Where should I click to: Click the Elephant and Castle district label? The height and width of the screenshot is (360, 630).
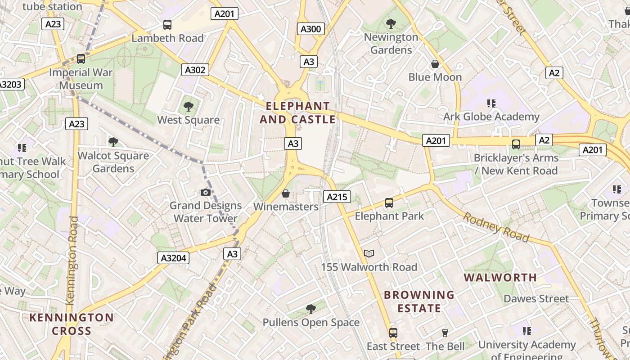297,112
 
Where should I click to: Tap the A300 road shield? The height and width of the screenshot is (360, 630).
310,29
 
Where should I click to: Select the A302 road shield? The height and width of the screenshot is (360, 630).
195,70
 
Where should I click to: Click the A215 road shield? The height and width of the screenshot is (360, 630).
337,197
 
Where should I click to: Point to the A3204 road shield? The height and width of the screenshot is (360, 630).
173,258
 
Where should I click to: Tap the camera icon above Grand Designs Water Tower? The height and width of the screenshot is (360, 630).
205,193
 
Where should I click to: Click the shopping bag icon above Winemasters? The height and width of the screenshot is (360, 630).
285,193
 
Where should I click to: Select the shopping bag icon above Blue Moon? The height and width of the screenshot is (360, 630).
435,64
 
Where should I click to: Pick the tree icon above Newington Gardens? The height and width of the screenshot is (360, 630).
391,23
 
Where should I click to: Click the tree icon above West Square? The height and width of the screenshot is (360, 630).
188,107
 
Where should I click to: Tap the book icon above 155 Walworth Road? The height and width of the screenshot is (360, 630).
369,254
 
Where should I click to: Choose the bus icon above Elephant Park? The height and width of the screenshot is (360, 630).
389,203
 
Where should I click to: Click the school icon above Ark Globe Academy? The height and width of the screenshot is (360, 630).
491,103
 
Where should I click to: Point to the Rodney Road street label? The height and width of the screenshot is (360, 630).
496,227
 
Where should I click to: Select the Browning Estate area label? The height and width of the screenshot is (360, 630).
419,301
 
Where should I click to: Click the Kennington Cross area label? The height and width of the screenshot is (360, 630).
72,324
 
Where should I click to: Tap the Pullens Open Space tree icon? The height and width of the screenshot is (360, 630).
310,309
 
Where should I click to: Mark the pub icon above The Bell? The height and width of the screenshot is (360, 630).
445,333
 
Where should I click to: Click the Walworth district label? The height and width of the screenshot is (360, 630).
500,277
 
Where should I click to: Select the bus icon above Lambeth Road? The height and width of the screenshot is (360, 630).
167,25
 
